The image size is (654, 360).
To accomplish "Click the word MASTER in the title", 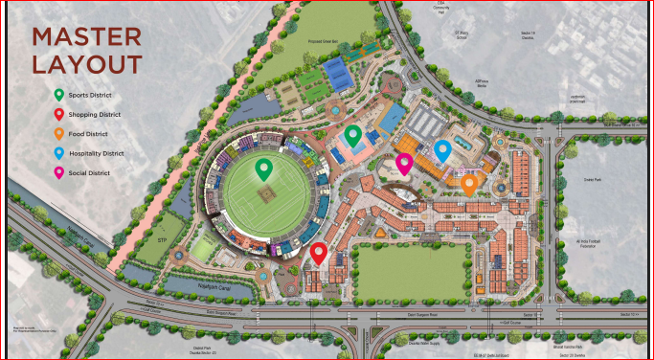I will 87,37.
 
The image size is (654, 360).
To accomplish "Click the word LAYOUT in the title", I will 87,64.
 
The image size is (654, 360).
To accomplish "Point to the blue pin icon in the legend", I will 59,153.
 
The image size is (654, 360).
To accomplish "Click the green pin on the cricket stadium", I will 264,171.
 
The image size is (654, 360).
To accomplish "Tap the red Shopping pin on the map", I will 319,253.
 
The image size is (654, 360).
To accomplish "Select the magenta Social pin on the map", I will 404,164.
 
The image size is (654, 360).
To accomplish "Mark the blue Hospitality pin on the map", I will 442,150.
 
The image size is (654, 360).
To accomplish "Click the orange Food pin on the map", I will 469,183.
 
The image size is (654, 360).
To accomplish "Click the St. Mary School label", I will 462,36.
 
